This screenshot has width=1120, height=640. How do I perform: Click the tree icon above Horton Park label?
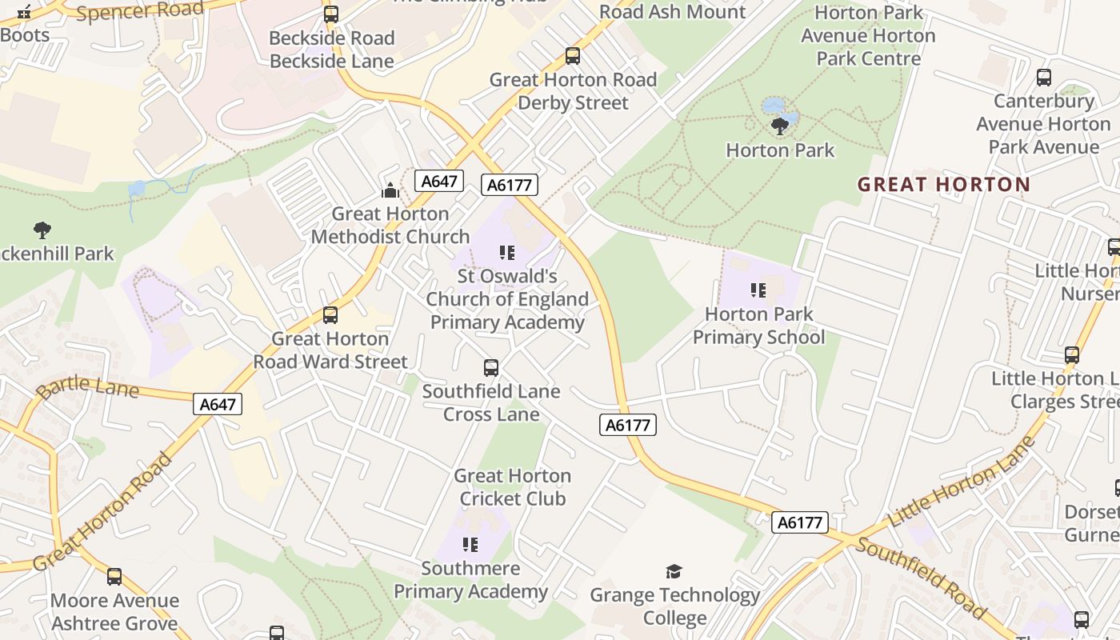pos(779,126)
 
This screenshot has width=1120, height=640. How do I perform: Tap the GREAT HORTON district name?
pos(944,185)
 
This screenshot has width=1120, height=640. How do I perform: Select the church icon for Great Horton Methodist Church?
pos(390,190)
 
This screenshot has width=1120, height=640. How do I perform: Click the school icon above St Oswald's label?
pos(507,253)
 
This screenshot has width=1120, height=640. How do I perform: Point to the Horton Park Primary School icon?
pos(758,290)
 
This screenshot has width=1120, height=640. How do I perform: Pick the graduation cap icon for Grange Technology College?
pos(674,571)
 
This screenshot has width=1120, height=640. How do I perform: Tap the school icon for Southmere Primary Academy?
pos(470,545)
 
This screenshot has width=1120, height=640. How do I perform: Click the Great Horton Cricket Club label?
pos(512,487)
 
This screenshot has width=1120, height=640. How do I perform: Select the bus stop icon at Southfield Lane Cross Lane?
pos(491,368)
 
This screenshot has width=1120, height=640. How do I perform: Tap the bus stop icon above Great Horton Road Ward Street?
pos(330,315)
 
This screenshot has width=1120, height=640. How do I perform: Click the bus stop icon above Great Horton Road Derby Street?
pos(573,56)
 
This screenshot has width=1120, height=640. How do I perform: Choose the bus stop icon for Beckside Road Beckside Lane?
pos(331,14)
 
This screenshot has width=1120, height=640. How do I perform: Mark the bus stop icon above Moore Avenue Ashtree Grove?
pos(114,577)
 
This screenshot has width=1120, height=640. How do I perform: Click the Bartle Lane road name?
pos(87,388)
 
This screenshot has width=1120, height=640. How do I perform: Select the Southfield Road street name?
pos(920,578)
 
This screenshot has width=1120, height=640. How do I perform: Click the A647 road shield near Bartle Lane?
pos(218,404)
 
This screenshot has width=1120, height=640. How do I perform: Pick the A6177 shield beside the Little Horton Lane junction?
pos(800,522)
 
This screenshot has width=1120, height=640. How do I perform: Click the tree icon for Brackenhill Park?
pos(42,230)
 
